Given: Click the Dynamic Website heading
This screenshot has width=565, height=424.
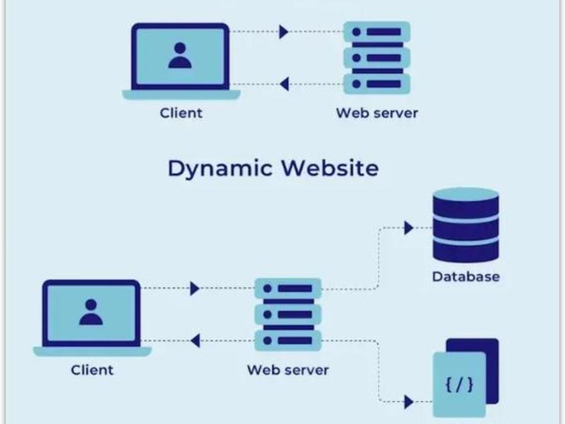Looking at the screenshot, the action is click(x=273, y=169).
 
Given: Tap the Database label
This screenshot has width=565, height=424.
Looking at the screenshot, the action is click(x=466, y=276).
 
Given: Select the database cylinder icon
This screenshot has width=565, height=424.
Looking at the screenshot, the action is click(x=466, y=225).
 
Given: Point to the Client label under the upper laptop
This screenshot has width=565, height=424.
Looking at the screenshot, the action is click(x=181, y=113).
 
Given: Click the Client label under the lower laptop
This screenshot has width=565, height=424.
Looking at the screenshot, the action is click(x=92, y=370).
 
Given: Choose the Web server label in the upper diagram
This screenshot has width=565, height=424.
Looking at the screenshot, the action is click(x=377, y=113).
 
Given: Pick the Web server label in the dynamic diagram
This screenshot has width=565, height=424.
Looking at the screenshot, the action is click(x=288, y=370).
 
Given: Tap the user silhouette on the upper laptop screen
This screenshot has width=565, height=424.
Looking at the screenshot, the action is click(x=180, y=56).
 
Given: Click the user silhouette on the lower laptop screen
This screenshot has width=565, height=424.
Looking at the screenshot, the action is click(x=91, y=312).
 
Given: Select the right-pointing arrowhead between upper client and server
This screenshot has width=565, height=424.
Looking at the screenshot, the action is click(x=284, y=32).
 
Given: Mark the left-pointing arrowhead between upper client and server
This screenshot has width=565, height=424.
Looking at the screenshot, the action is click(x=285, y=84).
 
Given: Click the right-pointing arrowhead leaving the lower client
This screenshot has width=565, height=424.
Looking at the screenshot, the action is click(x=195, y=288).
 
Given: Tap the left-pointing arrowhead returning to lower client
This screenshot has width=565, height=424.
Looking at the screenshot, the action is click(x=196, y=341).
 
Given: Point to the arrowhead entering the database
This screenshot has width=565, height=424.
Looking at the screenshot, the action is click(x=409, y=228).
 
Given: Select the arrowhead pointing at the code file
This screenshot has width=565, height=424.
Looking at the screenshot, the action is click(x=409, y=401).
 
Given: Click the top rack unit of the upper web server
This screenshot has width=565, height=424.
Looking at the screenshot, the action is click(x=376, y=32).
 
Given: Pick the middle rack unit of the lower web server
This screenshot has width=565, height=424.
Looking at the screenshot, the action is click(x=288, y=314).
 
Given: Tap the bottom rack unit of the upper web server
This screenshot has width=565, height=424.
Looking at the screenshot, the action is click(x=376, y=84).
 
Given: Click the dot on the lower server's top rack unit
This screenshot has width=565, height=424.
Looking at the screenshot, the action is click(x=268, y=288).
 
